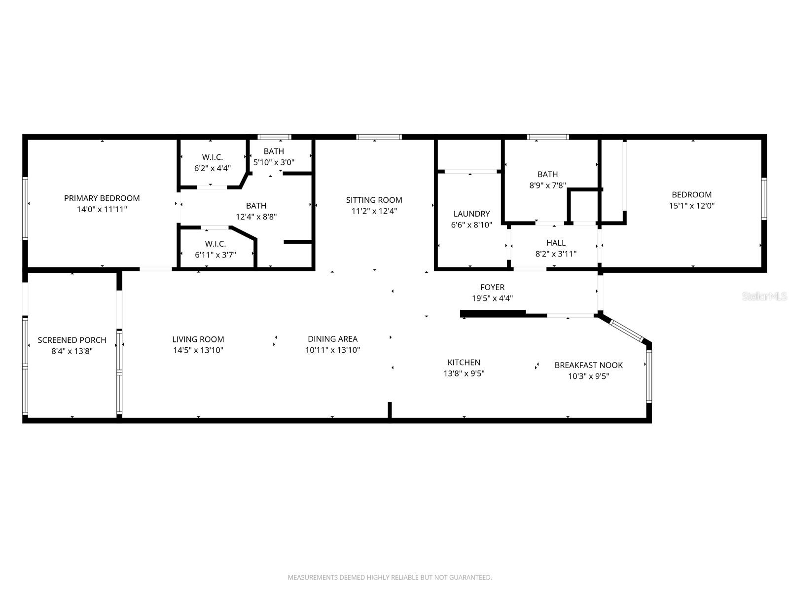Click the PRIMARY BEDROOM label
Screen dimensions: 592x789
(102, 198)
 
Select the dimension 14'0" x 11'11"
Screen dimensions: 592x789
(102, 209)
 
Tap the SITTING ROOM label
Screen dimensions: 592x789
(374, 200)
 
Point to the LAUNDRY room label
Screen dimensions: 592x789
(471, 214)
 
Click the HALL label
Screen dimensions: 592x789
(556, 243)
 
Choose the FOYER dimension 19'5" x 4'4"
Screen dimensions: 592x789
(492, 298)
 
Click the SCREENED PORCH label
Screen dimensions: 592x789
(72, 340)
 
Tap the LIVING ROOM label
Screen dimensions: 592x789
(198, 339)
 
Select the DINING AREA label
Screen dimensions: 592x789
(332, 339)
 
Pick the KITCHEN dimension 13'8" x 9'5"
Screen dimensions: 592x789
(464, 373)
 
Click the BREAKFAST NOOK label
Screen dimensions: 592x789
(588, 365)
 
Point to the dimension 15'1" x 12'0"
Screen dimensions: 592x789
(691, 206)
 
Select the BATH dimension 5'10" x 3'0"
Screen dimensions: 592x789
(274, 162)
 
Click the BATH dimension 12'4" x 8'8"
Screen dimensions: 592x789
(256, 216)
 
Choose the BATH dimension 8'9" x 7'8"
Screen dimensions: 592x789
(547, 185)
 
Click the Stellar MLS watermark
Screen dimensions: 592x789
(764, 296)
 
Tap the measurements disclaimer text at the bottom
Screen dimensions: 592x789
(390, 577)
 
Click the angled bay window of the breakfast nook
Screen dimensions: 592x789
(627, 331)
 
